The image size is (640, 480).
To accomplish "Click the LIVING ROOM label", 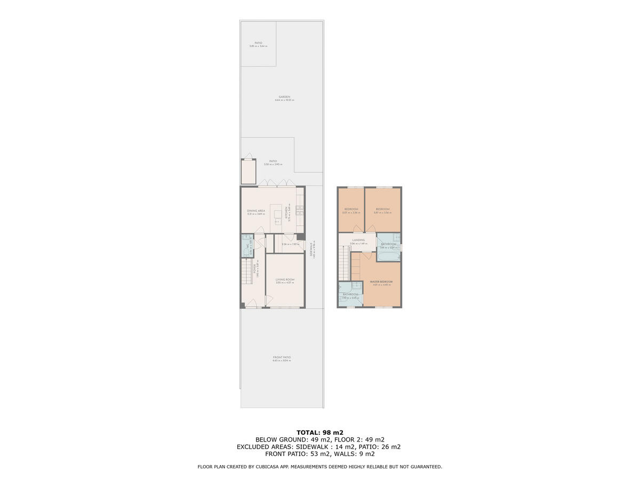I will (x=285, y=279).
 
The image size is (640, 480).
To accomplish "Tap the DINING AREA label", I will (x=256, y=211).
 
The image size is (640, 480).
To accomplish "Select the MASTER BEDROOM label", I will (x=381, y=282).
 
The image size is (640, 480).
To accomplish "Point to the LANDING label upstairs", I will (x=358, y=240).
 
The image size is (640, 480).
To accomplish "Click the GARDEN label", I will (x=284, y=97).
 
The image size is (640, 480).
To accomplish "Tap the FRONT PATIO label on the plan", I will (x=282, y=357).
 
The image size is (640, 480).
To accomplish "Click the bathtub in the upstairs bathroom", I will (x=388, y=256).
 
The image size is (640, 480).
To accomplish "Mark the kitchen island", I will (x=278, y=213).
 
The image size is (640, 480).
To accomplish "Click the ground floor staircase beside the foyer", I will (x=246, y=272).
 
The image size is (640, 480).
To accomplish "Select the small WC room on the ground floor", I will (x=247, y=246).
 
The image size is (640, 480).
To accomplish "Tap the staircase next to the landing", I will (x=344, y=265).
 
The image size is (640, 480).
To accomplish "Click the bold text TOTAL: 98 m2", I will (x=320, y=433).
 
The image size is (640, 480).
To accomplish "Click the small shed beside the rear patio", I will (x=249, y=171).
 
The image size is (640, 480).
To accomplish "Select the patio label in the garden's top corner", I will (x=258, y=43).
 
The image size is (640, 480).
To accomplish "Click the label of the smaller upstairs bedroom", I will (x=351, y=209).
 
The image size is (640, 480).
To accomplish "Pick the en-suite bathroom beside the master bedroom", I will (x=350, y=294).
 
